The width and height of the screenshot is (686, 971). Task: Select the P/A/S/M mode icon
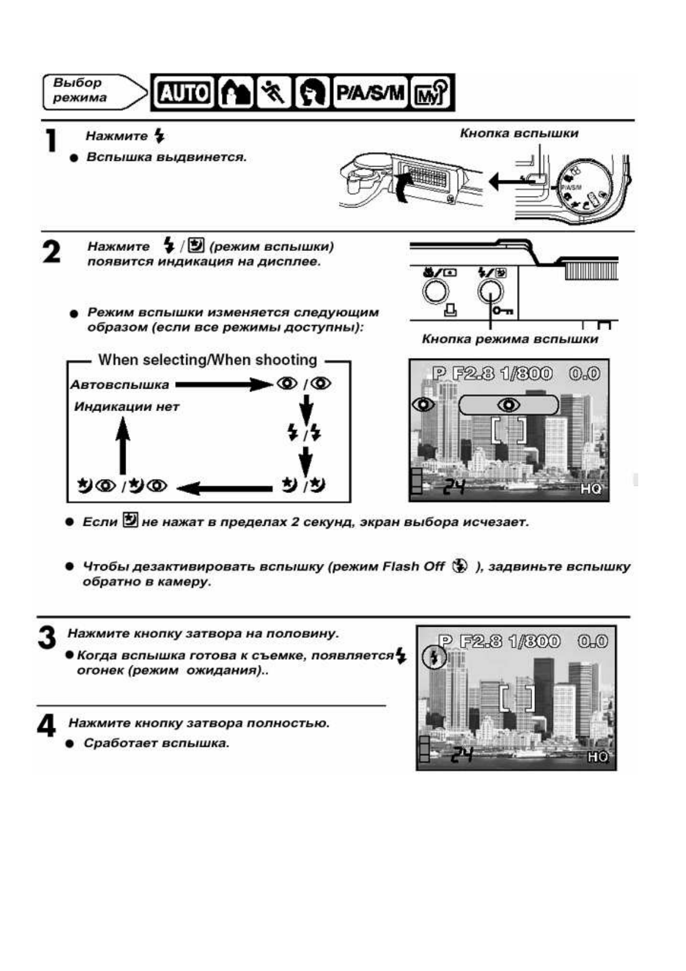pyautogui.click(x=370, y=92)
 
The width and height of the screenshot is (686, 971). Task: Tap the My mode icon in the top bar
pyautogui.click(x=431, y=92)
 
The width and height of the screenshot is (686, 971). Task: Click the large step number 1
pyautogui.click(x=51, y=141)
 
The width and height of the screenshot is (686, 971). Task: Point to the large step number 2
pyautogui.click(x=51, y=252)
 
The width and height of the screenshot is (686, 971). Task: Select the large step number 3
pyautogui.click(x=47, y=637)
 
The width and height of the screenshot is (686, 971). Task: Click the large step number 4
pyautogui.click(x=46, y=726)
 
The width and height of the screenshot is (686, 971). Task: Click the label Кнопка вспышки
pyautogui.click(x=518, y=133)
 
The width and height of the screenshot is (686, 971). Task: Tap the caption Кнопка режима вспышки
pyautogui.click(x=510, y=339)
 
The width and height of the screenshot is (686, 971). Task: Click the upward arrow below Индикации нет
pyautogui.click(x=122, y=447)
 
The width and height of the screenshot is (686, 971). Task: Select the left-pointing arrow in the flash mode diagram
pyautogui.click(x=224, y=488)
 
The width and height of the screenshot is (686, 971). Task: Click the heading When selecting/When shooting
pyautogui.click(x=208, y=360)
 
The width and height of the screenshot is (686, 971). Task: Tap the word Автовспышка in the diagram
pyautogui.click(x=119, y=385)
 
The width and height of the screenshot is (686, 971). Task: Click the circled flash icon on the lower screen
pyautogui.click(x=435, y=657)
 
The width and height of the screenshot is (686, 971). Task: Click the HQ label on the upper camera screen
pyautogui.click(x=590, y=489)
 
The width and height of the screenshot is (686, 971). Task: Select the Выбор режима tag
pyautogui.click(x=81, y=91)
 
